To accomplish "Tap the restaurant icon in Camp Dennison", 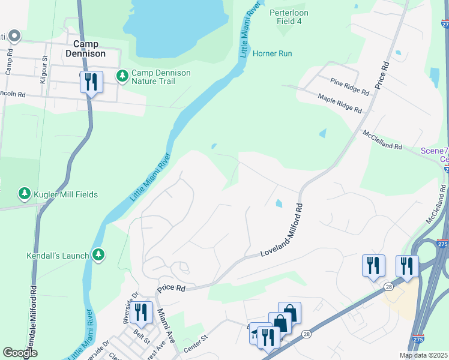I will tap(91, 82).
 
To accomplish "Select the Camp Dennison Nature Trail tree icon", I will tap(122, 76).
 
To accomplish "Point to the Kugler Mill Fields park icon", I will tap(25, 194).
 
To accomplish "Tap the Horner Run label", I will tap(272, 53).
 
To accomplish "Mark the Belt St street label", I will tap(142, 337).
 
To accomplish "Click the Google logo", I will tap(20, 353).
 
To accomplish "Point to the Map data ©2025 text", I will tap(423, 355).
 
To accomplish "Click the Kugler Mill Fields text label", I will tap(66, 194).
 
